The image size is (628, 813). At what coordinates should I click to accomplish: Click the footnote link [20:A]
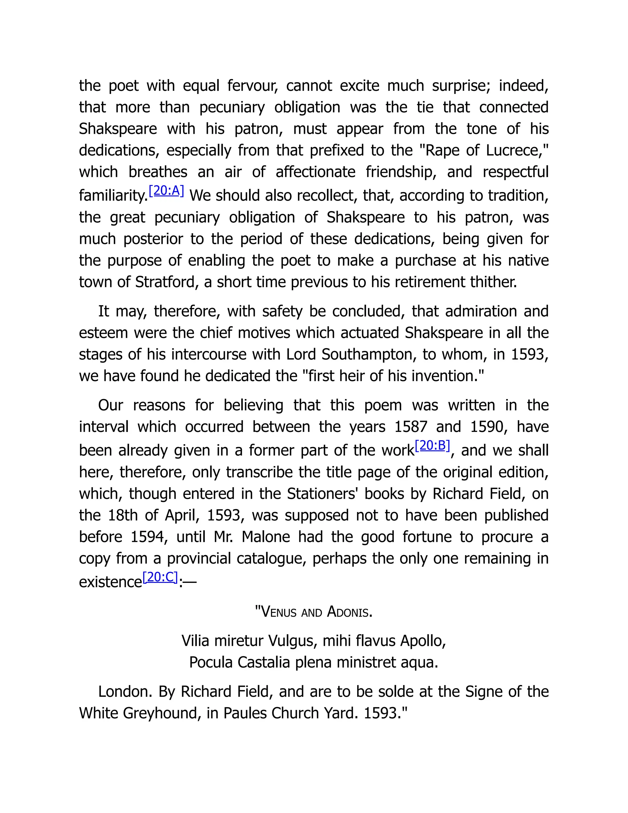pos(166,191)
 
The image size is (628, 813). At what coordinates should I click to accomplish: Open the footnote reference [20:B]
pos(432,445)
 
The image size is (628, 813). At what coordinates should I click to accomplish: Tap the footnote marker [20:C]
pos(160,577)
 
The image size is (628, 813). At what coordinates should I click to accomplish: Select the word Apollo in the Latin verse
pos(423,641)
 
